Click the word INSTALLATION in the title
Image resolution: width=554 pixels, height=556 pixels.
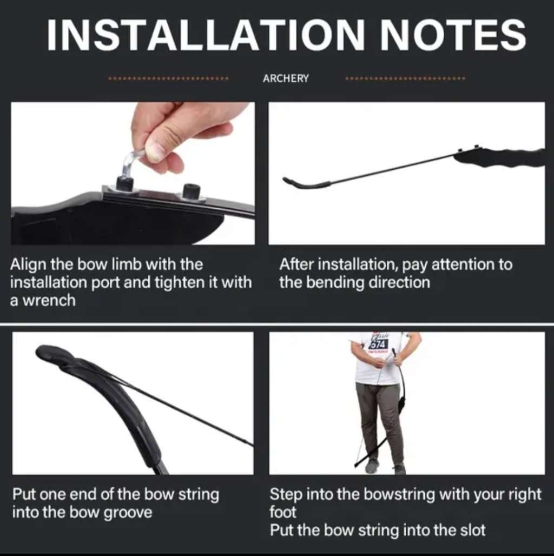tap(207, 34)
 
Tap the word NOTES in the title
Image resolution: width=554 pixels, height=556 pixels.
tap(453, 34)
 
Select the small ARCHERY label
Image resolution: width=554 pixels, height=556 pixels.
tap(286, 78)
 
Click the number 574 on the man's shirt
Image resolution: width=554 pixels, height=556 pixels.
tap(378, 344)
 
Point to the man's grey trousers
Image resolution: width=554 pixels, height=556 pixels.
tap(379, 422)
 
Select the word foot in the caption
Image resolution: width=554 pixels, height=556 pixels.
tap(282, 513)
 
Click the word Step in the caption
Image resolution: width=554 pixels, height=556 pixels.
tap(286, 494)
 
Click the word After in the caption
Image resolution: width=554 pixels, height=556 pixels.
tap(296, 265)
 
